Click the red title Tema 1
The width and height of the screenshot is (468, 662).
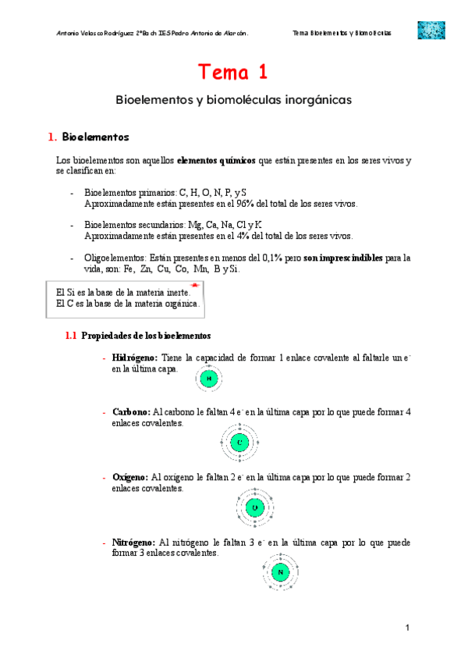pos(233,73)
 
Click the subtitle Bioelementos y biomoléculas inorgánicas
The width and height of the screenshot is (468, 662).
pos(234,101)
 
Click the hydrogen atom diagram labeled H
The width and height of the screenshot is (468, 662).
pos(208,379)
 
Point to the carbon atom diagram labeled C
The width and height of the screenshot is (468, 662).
pos(239,443)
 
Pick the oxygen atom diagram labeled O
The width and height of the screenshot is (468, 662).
pos(254,508)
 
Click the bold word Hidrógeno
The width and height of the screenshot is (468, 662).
pos(135,358)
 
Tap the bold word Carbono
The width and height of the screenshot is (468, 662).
pos(131,411)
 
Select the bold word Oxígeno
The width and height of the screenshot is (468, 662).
pos(129,476)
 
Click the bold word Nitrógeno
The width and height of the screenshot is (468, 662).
pos(133,542)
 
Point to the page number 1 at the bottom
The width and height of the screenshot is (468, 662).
pos(407,628)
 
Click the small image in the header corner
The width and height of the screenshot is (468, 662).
pos(431,30)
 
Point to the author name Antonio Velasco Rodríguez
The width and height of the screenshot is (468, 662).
pos(91,34)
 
